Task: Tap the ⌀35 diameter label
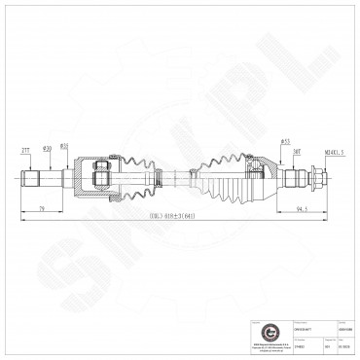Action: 64,147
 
